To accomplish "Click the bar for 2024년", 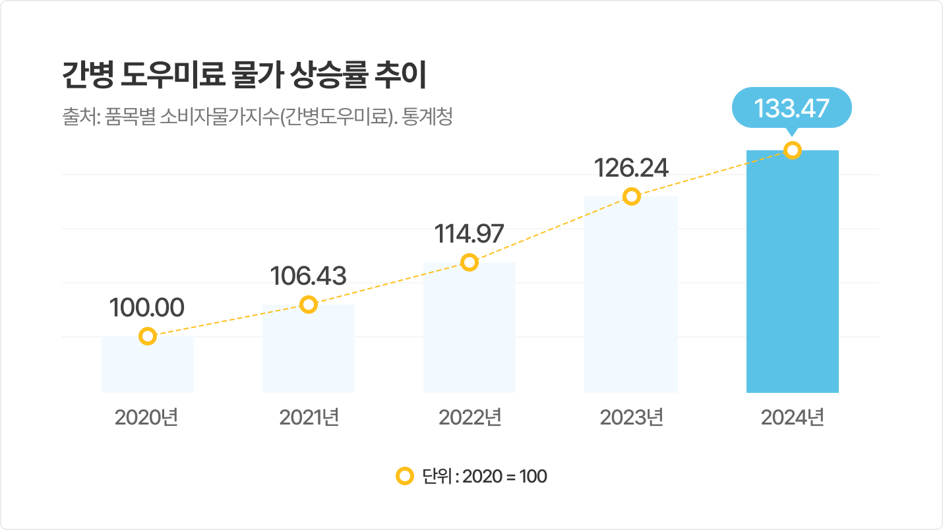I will pyautogui.click(x=792, y=277).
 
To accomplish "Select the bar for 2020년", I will pyautogui.click(x=148, y=367).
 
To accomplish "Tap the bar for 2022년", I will pyautogui.click(x=469, y=330).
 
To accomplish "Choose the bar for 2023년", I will pyautogui.click(x=631, y=297).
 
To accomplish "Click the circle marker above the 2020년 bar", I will pyautogui.click(x=148, y=336).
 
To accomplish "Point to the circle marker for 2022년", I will pyautogui.click(x=469, y=262).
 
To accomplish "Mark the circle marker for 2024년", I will pyautogui.click(x=793, y=150).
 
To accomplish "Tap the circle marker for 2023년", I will pyautogui.click(x=632, y=196).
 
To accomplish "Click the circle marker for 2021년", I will pyautogui.click(x=309, y=305).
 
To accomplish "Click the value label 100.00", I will pyautogui.click(x=146, y=308).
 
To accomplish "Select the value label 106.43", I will pyautogui.click(x=309, y=276).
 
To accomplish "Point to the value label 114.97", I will pyautogui.click(x=469, y=234).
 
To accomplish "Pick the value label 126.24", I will pyautogui.click(x=631, y=168).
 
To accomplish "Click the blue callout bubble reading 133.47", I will pyautogui.click(x=792, y=107).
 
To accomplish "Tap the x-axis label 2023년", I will pyautogui.click(x=631, y=417).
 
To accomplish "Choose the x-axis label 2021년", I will pyautogui.click(x=309, y=417).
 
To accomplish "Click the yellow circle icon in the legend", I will pyautogui.click(x=404, y=476).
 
